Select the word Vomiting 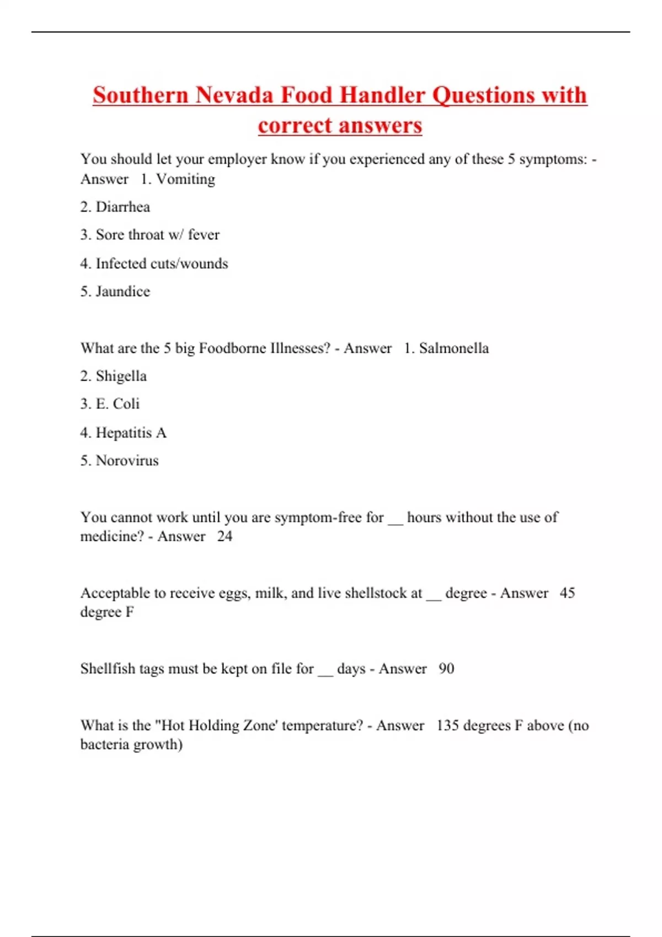pos(185,179)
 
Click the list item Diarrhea pos(122,207)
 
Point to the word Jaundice pos(122,291)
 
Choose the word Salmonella pos(453,348)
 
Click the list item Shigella pos(121,376)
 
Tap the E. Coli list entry pos(118,404)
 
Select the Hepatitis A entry pos(131,433)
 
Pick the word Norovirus pos(127,460)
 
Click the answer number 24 pos(225,536)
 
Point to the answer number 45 pos(567,593)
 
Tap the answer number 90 pos(446,669)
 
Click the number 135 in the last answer pos(447,725)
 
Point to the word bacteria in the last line pos(104,745)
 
